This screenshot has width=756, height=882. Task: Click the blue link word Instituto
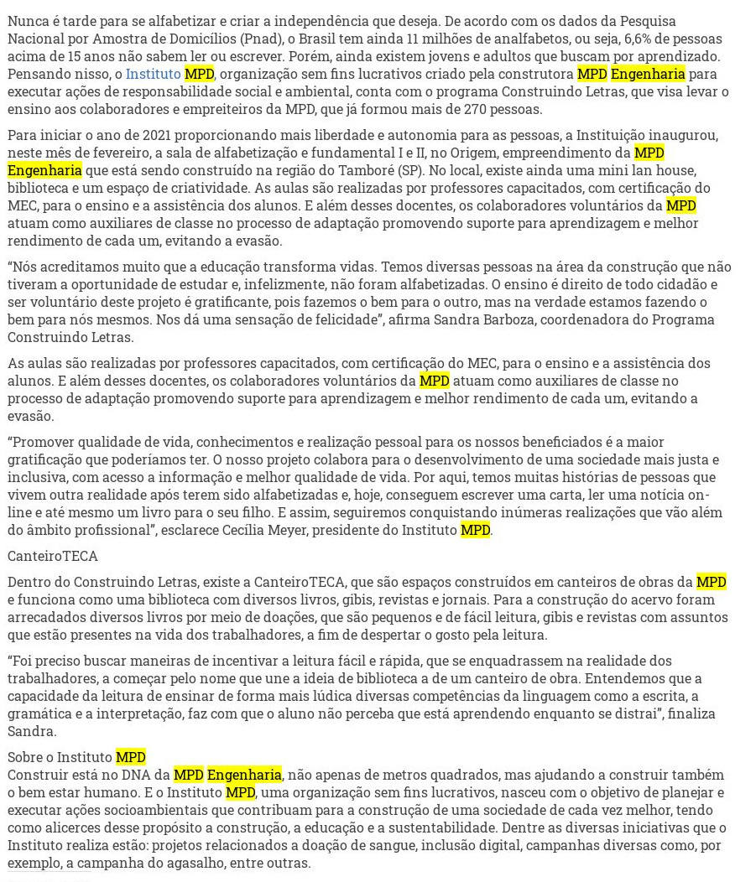(x=153, y=74)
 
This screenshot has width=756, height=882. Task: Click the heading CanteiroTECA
(x=52, y=555)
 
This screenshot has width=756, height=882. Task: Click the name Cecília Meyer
(x=292, y=530)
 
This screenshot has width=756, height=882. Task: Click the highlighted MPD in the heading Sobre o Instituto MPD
(x=131, y=758)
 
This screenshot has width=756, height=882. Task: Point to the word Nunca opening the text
(x=27, y=21)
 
